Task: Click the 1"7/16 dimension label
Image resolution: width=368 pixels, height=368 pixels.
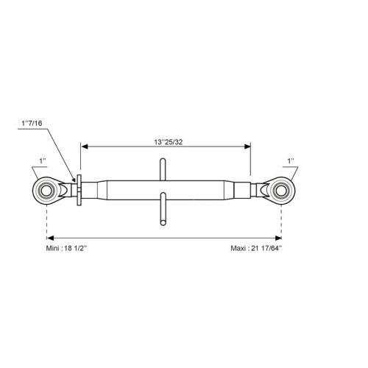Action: point(32,123)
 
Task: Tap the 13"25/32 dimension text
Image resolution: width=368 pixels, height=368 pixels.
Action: point(169,142)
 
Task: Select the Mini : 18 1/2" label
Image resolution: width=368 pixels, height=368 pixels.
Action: point(66,248)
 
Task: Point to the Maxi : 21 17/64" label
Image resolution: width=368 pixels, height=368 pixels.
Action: point(256,248)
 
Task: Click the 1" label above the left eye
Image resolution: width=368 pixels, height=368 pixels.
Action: point(43,161)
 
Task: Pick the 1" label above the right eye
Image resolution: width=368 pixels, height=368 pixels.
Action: point(291,161)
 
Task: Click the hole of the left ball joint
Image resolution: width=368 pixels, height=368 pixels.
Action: point(46,191)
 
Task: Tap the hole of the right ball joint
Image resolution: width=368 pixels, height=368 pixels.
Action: point(281,191)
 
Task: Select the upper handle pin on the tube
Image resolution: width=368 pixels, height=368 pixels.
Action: point(163,169)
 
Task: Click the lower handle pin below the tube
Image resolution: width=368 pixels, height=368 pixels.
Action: point(163,209)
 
